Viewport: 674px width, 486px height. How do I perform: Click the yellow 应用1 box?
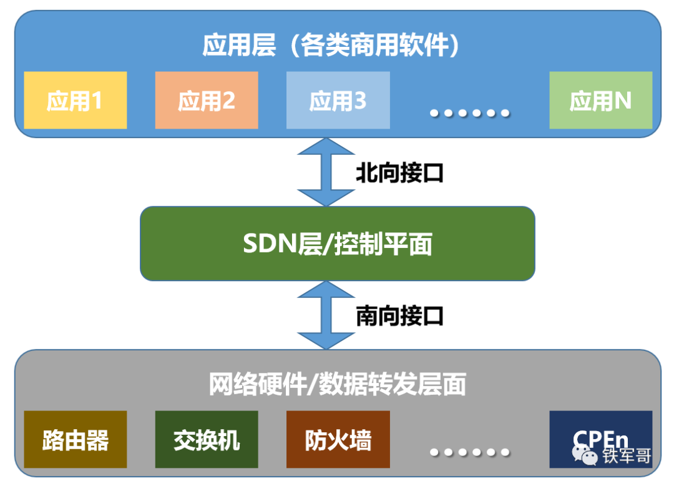[76, 100]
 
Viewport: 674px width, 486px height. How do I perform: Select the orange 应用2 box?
[207, 100]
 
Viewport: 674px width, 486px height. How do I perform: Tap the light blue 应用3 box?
[338, 100]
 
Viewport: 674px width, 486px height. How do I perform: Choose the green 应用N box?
[600, 100]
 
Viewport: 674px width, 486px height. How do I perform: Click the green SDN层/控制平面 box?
[338, 244]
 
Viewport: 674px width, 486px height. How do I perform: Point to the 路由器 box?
[76, 439]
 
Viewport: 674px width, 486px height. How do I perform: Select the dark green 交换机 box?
[207, 439]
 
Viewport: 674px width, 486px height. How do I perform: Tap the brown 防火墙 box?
[338, 439]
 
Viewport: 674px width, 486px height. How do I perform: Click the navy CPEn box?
[600, 439]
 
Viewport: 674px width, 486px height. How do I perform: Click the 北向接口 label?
[399, 173]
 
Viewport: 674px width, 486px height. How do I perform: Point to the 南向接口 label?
[399, 315]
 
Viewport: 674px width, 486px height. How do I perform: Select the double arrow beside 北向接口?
[326, 172]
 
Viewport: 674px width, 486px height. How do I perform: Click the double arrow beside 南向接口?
[326, 315]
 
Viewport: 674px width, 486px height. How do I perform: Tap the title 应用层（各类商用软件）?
[331, 44]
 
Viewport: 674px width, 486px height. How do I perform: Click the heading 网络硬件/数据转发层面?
[338, 384]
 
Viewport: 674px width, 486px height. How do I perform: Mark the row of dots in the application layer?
[469, 113]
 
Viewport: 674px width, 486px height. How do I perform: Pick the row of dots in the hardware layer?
[469, 452]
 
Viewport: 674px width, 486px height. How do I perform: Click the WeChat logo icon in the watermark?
[585, 455]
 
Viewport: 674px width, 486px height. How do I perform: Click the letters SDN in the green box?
[270, 244]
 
